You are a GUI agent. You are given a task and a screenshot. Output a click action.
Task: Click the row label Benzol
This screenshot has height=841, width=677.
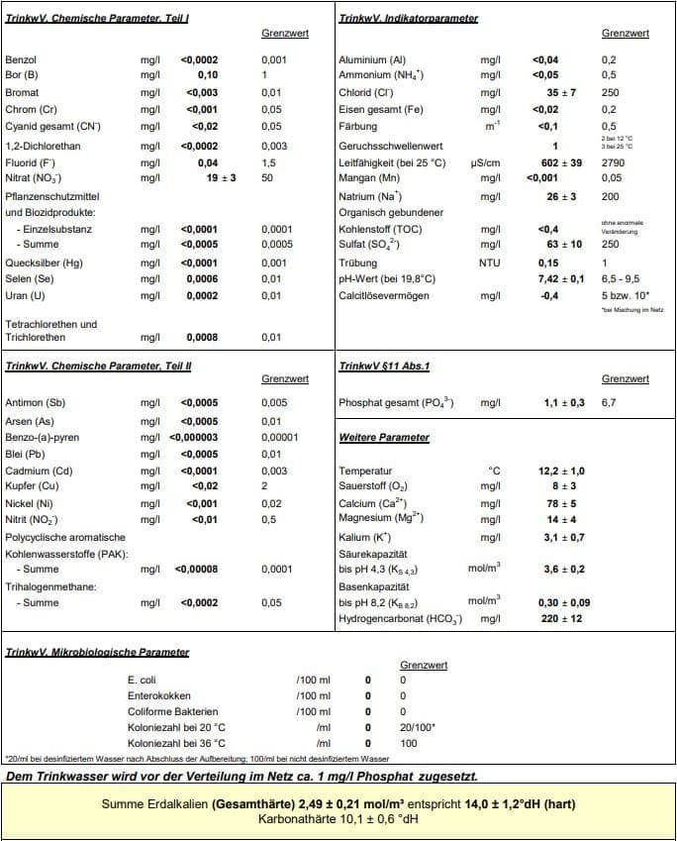point(21,60)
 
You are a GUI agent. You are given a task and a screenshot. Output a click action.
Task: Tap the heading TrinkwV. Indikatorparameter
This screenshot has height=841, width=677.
point(408,19)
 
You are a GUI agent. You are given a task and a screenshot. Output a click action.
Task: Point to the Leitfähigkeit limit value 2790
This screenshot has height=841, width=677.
point(613,161)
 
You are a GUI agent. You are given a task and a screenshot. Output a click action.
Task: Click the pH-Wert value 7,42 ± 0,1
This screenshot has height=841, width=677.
point(560,279)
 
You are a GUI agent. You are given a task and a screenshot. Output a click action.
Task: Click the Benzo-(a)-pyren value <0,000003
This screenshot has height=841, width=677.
point(194,437)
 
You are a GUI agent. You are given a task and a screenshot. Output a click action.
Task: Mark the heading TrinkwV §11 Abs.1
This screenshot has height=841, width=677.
point(384,366)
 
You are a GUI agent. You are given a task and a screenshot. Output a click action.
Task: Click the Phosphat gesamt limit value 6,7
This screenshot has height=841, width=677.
point(609,403)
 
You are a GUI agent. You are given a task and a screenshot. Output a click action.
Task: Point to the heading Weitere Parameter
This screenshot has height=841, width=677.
point(384,437)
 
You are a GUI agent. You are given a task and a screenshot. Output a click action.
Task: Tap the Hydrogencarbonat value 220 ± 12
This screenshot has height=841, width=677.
point(560,619)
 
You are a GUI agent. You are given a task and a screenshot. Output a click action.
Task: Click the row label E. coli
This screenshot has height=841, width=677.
point(143,681)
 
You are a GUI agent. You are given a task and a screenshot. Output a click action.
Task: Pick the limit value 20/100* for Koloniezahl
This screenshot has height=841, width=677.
point(418,728)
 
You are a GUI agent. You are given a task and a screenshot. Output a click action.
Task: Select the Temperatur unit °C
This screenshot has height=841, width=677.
point(495,471)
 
